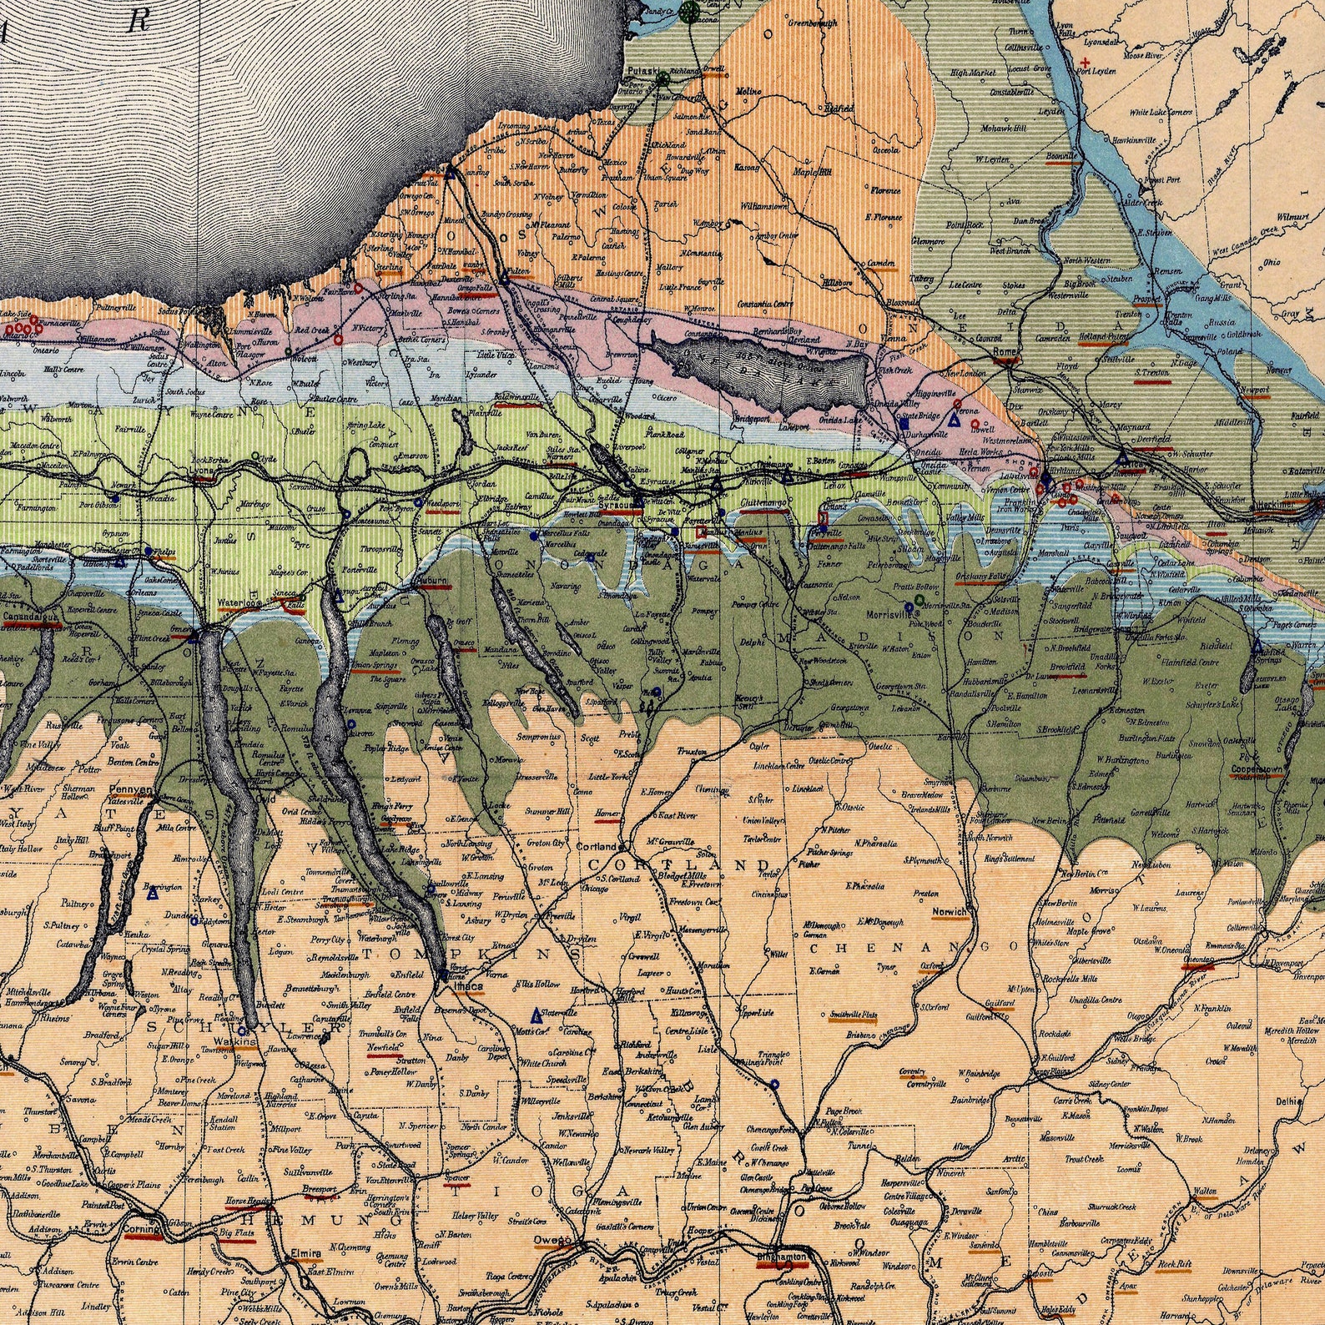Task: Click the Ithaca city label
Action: pyautogui.click(x=468, y=986)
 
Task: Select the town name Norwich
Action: pyautogui.click(x=950, y=912)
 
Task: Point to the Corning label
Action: pyautogui.click(x=139, y=1229)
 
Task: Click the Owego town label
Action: pyautogui.click(x=552, y=1240)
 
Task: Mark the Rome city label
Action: pyautogui.click(x=1005, y=352)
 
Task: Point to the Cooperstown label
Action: pyautogui.click(x=1258, y=768)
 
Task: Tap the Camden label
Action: pyautogui.click(x=881, y=263)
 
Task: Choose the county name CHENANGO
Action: pyautogui.click(x=914, y=947)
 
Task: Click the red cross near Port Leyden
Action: pyautogui.click(x=1085, y=63)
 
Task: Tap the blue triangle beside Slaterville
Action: pyautogui.click(x=537, y=1015)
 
